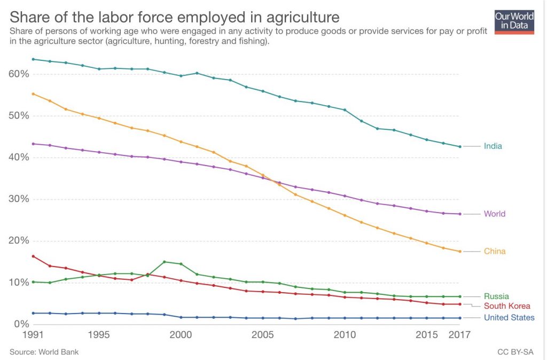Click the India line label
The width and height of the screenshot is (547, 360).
[x=493, y=146]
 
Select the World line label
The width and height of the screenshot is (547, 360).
[x=494, y=214]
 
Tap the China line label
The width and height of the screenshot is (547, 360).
[x=494, y=252]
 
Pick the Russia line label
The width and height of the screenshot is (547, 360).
[x=496, y=296]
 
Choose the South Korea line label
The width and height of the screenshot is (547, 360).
[x=507, y=306]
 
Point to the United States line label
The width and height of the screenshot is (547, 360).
[x=509, y=318]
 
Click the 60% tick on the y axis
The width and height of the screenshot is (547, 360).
[x=18, y=74]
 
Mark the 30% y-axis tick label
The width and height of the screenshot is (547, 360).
[x=18, y=199]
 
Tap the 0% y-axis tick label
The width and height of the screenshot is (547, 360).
[x=20, y=324]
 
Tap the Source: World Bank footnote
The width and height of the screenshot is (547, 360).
[x=44, y=352]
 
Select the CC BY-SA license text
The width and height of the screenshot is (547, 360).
[x=516, y=352]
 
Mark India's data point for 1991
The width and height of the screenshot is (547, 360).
[x=33, y=59]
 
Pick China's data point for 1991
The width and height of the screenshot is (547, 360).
[x=33, y=94]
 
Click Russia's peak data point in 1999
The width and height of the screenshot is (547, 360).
[x=164, y=262]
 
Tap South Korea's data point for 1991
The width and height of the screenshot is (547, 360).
[x=33, y=256]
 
